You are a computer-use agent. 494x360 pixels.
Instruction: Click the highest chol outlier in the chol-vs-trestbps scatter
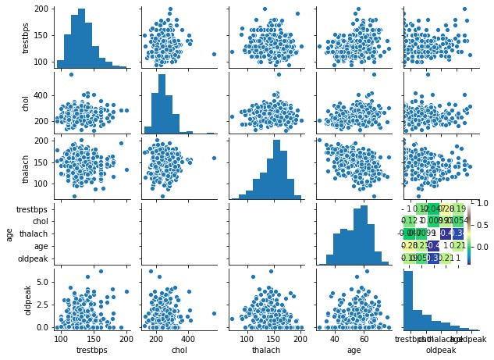pyautogui.click(x=71, y=74)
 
